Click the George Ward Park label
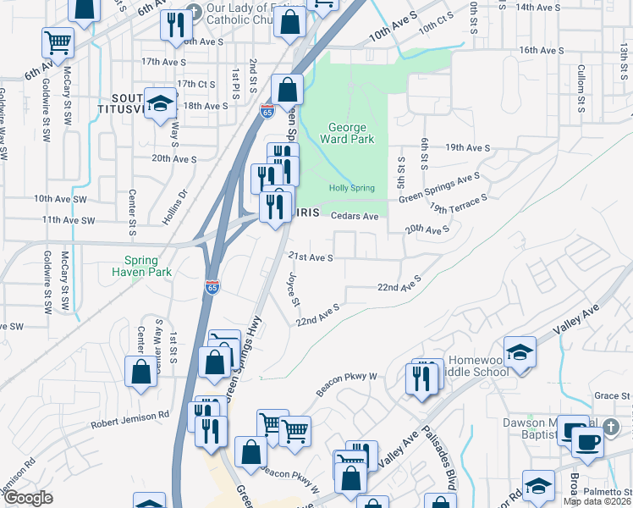click(347, 134)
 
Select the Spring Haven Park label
click(142, 266)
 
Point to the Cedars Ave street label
click(355, 217)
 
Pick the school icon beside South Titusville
click(158, 103)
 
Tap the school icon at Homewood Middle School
click(519, 351)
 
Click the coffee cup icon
click(587, 440)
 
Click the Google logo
click(28, 498)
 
